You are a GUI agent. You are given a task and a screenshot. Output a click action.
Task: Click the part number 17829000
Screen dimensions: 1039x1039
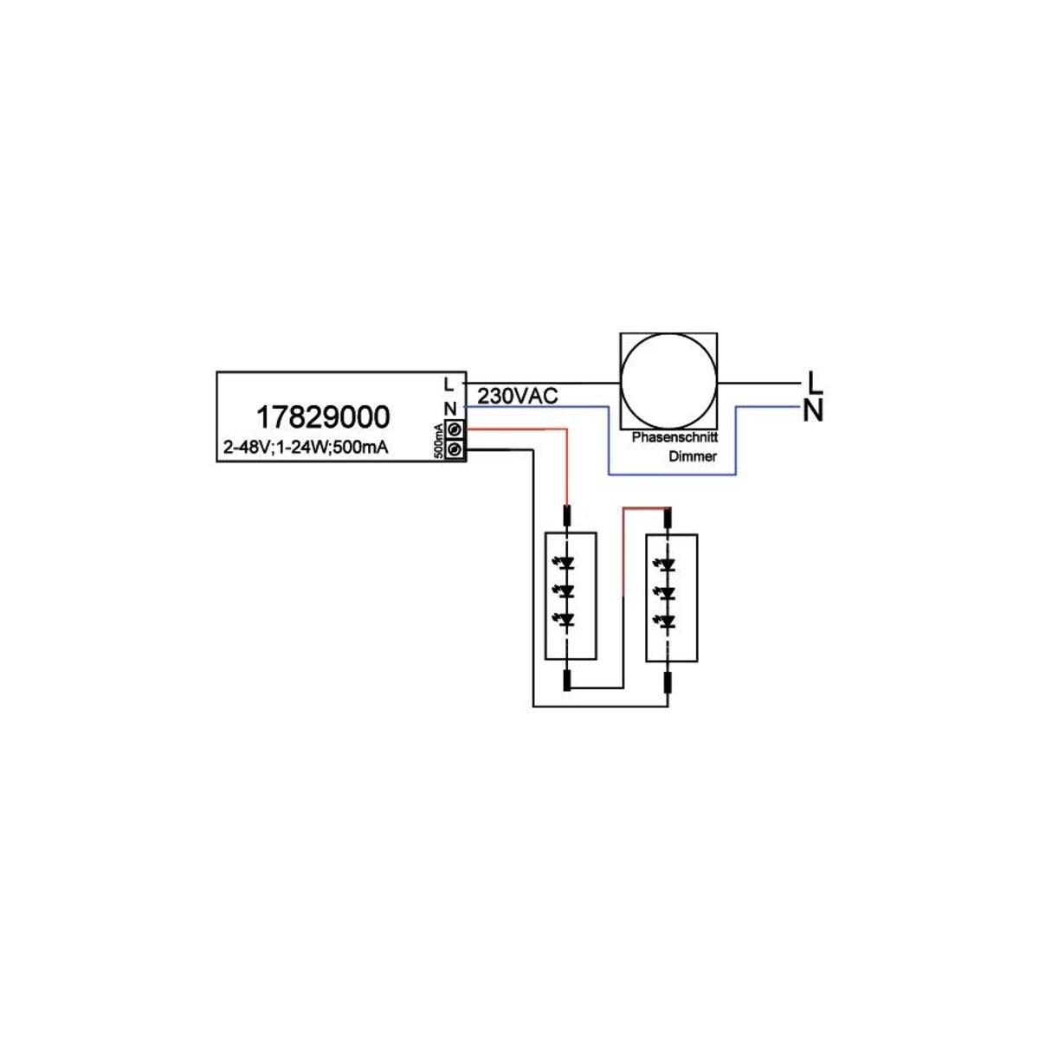[x=322, y=416]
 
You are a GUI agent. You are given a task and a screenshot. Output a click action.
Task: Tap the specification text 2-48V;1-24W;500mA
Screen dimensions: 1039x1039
[x=305, y=447]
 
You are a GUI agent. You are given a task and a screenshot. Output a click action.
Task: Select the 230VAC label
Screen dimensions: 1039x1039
[x=518, y=397]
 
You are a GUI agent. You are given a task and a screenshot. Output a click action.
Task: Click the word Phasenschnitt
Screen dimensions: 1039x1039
[x=674, y=436]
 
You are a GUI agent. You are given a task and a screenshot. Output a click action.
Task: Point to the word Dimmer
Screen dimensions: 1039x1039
[x=693, y=456]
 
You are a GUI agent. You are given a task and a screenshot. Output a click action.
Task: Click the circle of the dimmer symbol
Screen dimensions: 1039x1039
[x=668, y=381]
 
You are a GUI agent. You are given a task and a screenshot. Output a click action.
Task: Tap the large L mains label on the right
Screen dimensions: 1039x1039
[x=814, y=383]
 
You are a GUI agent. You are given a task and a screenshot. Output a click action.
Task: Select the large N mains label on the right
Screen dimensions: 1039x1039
[x=813, y=412]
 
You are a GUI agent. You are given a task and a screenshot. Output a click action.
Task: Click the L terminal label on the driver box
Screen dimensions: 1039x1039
[x=449, y=384]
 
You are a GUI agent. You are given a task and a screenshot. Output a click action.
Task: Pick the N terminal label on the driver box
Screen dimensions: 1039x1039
[x=450, y=410]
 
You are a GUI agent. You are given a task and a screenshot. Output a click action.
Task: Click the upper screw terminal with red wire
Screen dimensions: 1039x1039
[x=455, y=429]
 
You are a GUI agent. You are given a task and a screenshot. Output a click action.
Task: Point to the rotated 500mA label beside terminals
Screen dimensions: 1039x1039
[x=440, y=441]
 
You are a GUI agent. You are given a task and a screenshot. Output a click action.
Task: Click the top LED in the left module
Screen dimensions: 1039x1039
[x=565, y=564]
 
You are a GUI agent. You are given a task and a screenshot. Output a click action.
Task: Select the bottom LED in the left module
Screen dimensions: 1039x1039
[x=565, y=621]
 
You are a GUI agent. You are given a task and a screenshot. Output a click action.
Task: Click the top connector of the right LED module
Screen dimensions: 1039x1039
[x=668, y=518]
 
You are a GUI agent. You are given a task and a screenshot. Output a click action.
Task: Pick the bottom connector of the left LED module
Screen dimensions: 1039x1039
[x=566, y=681]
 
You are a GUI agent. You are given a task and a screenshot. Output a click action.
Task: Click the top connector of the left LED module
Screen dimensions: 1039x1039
[x=566, y=515]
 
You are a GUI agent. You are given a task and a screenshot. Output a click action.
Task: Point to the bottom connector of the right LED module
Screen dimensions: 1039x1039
[x=668, y=681]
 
